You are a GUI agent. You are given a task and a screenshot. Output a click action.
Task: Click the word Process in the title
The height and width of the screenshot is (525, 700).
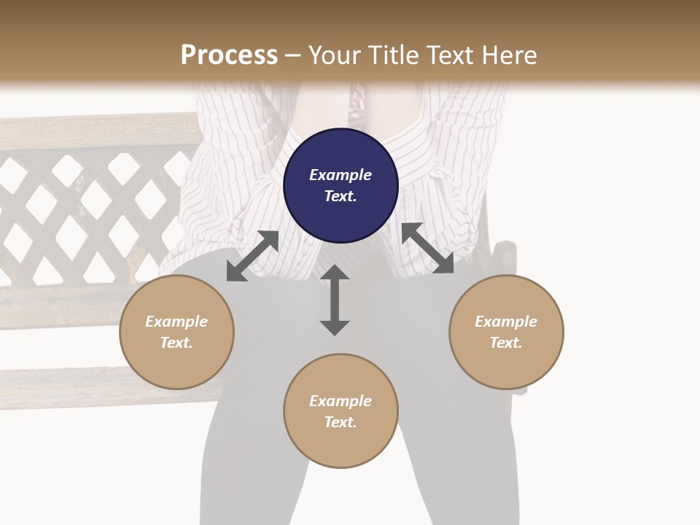(229, 55)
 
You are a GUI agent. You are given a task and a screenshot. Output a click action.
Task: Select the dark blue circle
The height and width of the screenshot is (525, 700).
(341, 185)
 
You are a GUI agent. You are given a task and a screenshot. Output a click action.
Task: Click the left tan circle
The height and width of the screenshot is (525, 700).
(176, 332)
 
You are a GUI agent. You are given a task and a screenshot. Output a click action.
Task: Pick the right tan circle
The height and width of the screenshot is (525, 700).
(506, 332)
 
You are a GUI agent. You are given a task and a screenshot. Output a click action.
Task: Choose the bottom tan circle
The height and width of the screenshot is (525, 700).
(341, 411)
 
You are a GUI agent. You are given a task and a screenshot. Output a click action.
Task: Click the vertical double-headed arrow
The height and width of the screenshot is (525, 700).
(335, 300)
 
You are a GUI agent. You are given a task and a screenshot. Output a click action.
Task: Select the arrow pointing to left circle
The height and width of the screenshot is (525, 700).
(252, 256)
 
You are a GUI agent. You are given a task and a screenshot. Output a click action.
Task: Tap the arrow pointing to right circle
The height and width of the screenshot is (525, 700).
(428, 249)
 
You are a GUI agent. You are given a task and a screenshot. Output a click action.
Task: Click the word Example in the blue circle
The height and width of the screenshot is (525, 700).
(341, 175)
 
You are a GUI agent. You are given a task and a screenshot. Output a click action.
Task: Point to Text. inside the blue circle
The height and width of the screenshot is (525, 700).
(341, 196)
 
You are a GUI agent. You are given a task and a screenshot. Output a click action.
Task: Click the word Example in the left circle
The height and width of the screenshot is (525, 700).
(176, 322)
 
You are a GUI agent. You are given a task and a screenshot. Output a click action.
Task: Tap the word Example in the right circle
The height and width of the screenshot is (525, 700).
(506, 322)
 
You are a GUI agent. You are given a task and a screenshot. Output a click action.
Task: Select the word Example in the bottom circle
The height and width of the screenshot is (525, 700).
(341, 401)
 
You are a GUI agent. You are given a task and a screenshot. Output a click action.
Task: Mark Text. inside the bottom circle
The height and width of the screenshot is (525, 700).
(341, 422)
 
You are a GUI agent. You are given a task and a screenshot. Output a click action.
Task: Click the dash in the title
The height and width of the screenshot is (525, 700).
(293, 55)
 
